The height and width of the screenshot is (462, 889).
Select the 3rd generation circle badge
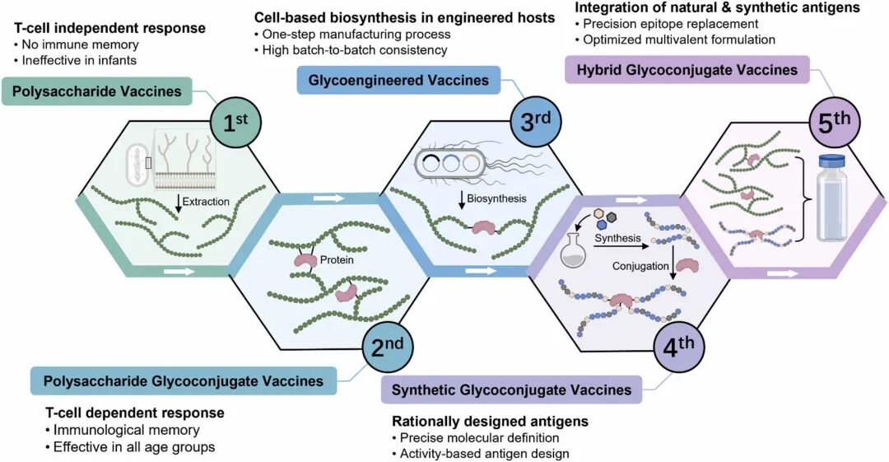[x=535, y=124]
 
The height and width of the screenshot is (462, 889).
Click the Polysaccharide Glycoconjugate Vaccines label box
[x=183, y=380]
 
